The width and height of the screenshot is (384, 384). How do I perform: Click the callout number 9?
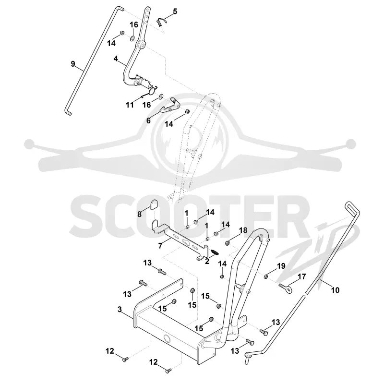click(x=73, y=64)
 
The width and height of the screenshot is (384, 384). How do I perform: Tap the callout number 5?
click(x=175, y=11)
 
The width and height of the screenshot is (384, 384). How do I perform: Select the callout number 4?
click(x=116, y=59)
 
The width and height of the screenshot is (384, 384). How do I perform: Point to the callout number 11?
click(x=130, y=105)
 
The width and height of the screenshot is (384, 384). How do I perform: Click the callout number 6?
click(x=148, y=120)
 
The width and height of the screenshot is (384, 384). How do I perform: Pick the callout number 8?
click(x=139, y=214)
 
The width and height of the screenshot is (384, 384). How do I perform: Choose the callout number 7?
click(x=160, y=246)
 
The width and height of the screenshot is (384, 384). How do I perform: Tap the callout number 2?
click(x=207, y=261)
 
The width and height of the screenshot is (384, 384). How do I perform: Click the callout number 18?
click(x=243, y=230)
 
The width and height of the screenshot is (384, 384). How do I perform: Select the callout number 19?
click(x=281, y=266)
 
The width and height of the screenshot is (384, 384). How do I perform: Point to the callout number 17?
click(x=302, y=276)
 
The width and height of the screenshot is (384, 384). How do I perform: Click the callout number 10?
click(x=335, y=290)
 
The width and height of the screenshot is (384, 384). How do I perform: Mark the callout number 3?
click(x=120, y=309)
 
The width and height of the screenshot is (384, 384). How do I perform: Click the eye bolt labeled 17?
click(x=285, y=288)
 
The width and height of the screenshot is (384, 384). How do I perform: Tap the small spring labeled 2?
click(x=215, y=252)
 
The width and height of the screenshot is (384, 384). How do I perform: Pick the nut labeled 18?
click(x=227, y=243)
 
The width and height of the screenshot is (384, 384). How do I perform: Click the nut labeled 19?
click(x=265, y=277)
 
